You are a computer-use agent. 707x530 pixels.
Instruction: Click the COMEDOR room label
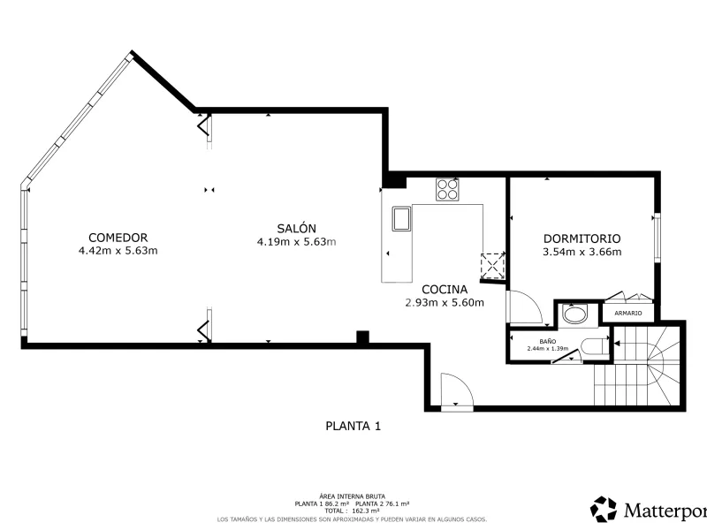coord(118,238)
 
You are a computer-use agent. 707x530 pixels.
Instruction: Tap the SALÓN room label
coord(296,228)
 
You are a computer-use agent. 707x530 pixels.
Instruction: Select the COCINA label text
coord(445,290)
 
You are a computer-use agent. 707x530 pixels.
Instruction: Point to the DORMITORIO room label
coord(582,238)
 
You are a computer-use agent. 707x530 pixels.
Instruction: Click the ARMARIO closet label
coord(628,313)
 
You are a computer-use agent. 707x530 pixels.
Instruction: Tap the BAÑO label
coord(547,342)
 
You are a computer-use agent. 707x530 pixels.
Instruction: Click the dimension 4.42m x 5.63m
coord(118,251)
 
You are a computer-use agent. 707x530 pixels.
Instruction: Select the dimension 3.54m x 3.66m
coord(582,252)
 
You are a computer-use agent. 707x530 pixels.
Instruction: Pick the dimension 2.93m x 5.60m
coord(445,302)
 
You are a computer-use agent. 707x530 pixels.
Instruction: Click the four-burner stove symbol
coord(447,189)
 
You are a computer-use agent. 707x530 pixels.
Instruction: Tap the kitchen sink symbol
coord(401,218)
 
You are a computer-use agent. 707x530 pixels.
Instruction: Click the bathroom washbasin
coord(575,315)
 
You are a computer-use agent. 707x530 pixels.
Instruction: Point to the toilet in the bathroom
coord(594,348)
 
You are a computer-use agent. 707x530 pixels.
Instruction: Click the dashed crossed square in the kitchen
coord(492,267)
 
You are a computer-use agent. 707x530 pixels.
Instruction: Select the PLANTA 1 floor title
coord(353,426)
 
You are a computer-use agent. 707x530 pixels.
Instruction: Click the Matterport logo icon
coord(604,510)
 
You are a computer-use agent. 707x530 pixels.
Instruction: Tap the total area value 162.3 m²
coord(365,511)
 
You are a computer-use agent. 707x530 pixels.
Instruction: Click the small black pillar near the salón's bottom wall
coord(362,337)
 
